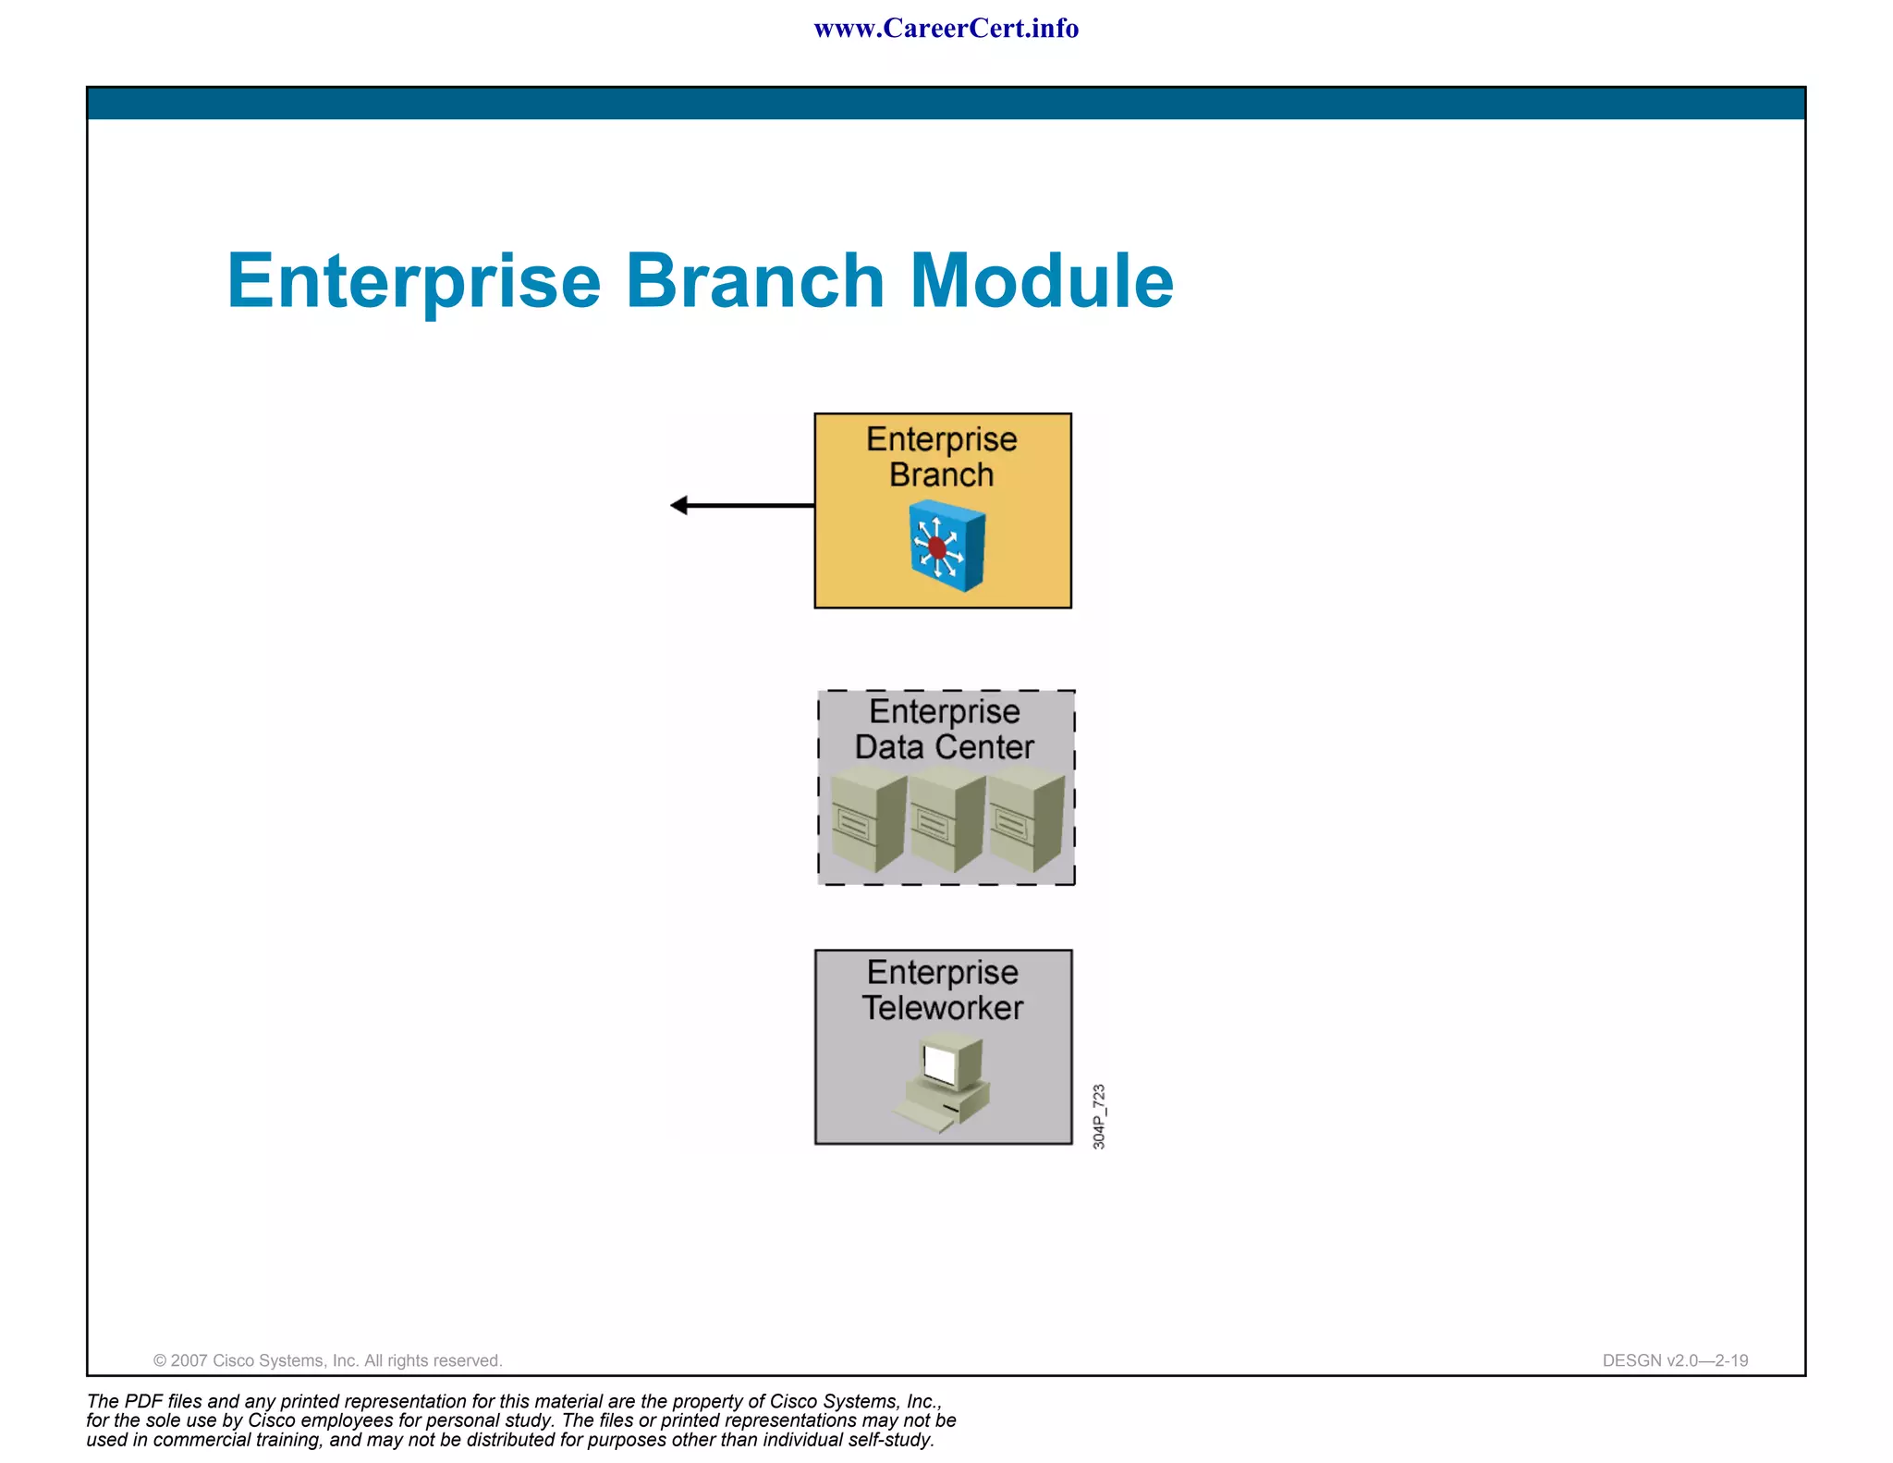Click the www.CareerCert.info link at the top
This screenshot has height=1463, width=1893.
(946, 29)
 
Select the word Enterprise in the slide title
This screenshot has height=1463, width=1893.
(413, 282)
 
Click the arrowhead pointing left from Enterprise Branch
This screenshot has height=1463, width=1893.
(679, 505)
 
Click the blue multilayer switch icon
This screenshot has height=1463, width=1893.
(946, 546)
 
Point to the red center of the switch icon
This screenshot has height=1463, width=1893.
(937, 547)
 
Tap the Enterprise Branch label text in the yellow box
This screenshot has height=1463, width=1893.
(942, 457)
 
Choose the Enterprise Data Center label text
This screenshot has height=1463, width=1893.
(944, 729)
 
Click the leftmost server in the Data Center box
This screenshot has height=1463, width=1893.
(867, 822)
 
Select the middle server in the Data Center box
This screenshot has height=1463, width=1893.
(946, 822)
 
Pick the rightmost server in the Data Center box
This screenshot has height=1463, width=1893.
(1025, 822)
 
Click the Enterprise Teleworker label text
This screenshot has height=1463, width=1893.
(943, 990)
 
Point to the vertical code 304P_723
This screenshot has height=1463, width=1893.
(1098, 1116)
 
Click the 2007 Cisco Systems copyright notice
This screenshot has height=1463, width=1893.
(327, 1360)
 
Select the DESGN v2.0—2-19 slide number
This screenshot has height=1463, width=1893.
(1675, 1360)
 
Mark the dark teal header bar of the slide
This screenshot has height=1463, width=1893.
(946, 104)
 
